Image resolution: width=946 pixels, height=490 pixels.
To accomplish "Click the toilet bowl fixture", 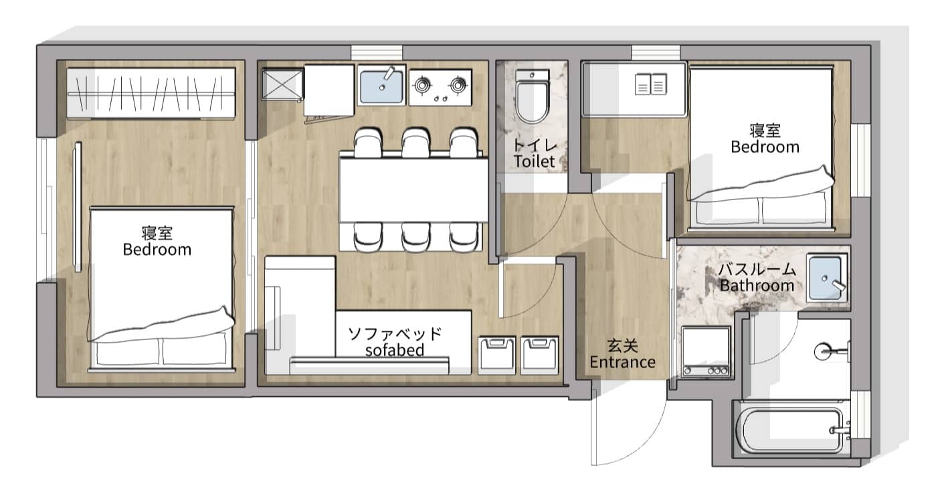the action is point(532,96).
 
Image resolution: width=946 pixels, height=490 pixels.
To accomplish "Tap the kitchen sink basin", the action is point(381,86).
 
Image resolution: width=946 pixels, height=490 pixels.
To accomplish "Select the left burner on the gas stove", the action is point(422,85).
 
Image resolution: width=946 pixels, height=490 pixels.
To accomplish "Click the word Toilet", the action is point(535,161).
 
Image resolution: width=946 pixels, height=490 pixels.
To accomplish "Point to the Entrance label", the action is point(622,362).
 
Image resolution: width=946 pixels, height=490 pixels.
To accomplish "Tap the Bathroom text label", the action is point(757,286).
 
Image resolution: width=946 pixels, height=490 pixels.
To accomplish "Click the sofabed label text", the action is point(395,350).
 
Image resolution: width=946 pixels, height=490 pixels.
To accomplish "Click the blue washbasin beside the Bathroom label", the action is point(826,278).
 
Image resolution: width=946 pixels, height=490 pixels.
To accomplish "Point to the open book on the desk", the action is point(651,84).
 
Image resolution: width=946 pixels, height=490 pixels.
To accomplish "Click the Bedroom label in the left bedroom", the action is point(157,250).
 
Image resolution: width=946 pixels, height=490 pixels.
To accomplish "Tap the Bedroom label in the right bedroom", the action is point(765,147).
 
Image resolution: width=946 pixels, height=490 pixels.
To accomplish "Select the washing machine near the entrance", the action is point(706,351).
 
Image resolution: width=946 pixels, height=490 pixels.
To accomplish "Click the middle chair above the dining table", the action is point(415,143).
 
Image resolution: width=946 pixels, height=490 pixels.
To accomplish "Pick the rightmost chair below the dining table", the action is point(464,238).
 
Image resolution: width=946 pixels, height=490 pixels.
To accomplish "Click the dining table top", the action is point(414,190).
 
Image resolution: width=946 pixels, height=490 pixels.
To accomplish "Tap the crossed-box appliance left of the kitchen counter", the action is point(282,84).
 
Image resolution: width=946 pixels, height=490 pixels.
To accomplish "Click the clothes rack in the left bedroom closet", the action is point(151,93).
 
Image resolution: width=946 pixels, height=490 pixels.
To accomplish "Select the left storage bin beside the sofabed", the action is point(496,355).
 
